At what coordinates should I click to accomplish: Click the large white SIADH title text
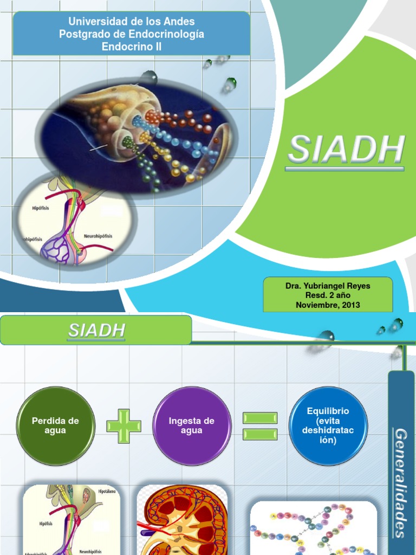[x=347, y=150]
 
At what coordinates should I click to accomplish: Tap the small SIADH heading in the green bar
[x=97, y=330]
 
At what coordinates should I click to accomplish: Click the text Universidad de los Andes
[x=131, y=22]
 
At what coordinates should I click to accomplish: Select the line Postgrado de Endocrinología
[x=131, y=34]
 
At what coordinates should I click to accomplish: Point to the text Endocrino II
[x=131, y=47]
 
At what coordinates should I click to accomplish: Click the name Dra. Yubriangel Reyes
[x=328, y=286]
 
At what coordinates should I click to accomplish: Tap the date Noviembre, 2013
[x=328, y=305]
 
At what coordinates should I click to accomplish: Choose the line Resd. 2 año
[x=328, y=295]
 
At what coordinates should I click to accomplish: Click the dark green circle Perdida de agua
[x=56, y=425]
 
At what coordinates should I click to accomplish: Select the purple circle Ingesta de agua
[x=192, y=425]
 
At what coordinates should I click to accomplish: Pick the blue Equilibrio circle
[x=328, y=425]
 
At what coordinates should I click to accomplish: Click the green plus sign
[x=123, y=425]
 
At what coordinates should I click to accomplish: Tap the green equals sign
[x=260, y=426]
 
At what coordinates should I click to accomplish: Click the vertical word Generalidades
[x=401, y=482]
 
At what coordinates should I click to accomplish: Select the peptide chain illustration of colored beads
[x=313, y=528]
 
